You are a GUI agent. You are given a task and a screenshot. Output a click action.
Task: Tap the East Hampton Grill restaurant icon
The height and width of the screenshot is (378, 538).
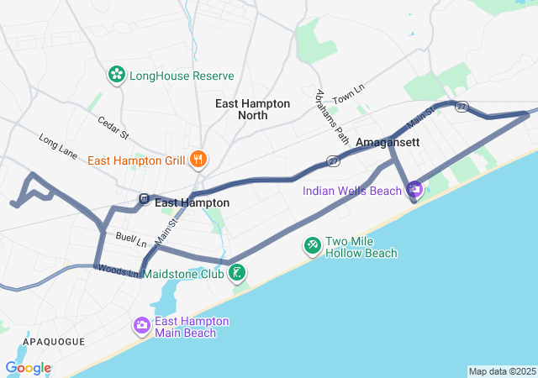coord(198,160)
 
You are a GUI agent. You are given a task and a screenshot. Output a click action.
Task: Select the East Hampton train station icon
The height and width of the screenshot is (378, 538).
coord(145,199)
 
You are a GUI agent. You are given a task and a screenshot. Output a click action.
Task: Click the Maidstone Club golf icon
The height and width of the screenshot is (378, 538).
coord(238,271)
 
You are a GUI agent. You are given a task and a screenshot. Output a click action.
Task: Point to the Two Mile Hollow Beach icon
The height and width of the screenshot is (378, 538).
coord(312,244)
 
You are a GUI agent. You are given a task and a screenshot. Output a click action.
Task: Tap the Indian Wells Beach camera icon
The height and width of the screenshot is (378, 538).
coord(414,191)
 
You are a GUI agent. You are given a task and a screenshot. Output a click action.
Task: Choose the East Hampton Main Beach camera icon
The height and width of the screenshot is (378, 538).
coord(141,325)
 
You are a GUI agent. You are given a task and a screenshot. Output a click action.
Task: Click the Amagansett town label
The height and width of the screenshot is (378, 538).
coord(388,143)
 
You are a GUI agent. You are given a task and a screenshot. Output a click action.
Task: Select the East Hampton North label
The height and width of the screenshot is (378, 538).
coord(253,109)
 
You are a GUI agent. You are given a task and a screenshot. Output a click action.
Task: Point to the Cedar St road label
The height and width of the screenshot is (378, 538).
coord(113,128)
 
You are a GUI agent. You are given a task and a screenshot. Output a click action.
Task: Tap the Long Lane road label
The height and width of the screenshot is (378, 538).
coord(58,144)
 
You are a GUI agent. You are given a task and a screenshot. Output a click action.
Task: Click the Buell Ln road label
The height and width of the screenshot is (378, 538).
coord(131,239)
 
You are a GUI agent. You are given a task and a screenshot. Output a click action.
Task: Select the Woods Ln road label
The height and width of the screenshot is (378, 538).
coord(118,270)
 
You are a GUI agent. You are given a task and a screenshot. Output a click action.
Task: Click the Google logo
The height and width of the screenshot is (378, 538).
coord(28,368)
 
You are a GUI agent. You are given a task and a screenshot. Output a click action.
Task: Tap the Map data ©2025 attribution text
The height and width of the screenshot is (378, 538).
coord(501,371)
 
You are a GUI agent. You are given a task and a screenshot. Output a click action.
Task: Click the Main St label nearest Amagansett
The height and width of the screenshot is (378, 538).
coord(419,118)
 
